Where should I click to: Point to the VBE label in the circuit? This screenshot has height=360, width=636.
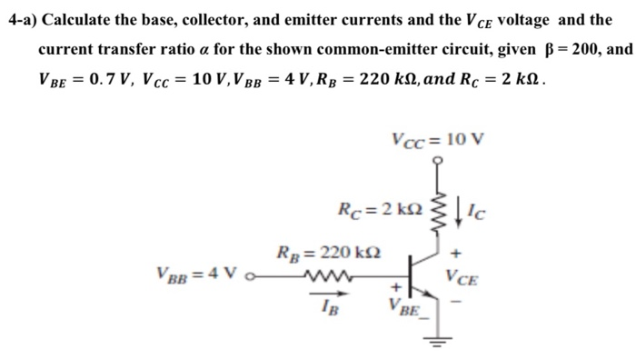pyautogui.click(x=404, y=306)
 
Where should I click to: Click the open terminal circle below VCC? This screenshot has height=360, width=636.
pyautogui.click(x=442, y=161)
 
